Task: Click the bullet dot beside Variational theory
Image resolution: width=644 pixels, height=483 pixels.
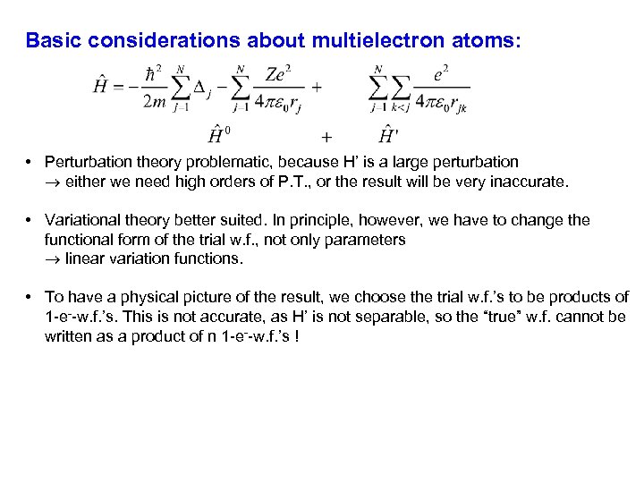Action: coord(30,220)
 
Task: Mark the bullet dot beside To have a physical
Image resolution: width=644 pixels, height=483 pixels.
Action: coord(30,297)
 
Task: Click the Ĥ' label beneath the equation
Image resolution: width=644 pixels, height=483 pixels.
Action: coord(388,135)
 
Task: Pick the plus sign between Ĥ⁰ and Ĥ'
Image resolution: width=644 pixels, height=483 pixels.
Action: coord(326,137)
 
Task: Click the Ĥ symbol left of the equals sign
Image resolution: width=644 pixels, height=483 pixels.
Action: coord(101,87)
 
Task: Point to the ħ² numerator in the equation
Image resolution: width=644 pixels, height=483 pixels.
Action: coord(153,72)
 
